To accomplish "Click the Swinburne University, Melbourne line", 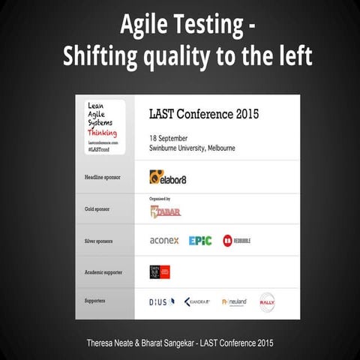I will coord(192,148).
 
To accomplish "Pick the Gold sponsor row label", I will coord(97,210).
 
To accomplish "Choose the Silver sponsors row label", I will coord(98,241).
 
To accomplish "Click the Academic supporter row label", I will coord(101,271).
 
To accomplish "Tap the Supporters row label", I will coord(93,301).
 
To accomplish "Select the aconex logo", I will coord(163,241).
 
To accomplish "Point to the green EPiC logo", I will coord(200,241).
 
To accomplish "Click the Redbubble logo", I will coord(236,241).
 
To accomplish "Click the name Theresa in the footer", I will coord(102,343).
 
